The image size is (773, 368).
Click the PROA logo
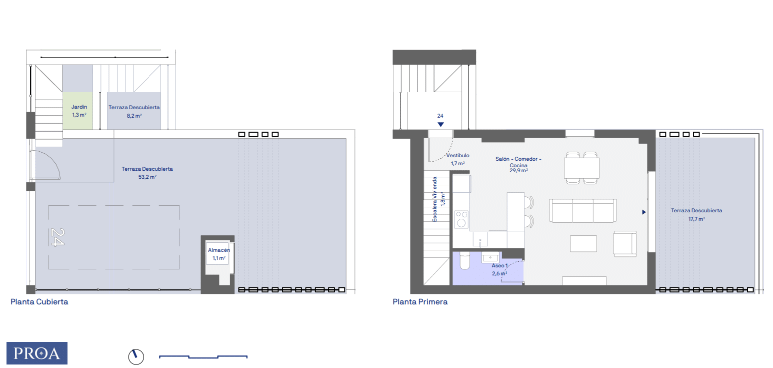[37, 353]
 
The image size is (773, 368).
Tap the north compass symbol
[136, 356]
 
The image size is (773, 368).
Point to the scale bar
[203, 356]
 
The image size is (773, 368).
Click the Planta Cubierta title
[39, 301]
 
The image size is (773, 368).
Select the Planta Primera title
[420, 301]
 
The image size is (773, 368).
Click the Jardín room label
[79, 107]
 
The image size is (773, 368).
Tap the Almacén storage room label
[219, 250]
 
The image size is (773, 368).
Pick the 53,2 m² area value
[147, 177]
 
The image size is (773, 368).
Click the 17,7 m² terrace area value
[696, 219]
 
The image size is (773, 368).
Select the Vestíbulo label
[457, 156]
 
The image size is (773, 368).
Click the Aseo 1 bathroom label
[499, 266]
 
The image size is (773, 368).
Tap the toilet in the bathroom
[465, 260]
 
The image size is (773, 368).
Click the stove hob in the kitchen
[461, 219]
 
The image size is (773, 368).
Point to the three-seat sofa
[582, 210]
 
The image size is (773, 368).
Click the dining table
[581, 168]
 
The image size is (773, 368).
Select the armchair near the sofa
[624, 244]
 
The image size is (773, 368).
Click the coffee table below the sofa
[583, 244]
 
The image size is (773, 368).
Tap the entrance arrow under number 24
[440, 124]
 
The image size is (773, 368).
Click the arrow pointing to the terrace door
[643, 212]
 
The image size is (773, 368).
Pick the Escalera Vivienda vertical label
[434, 199]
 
